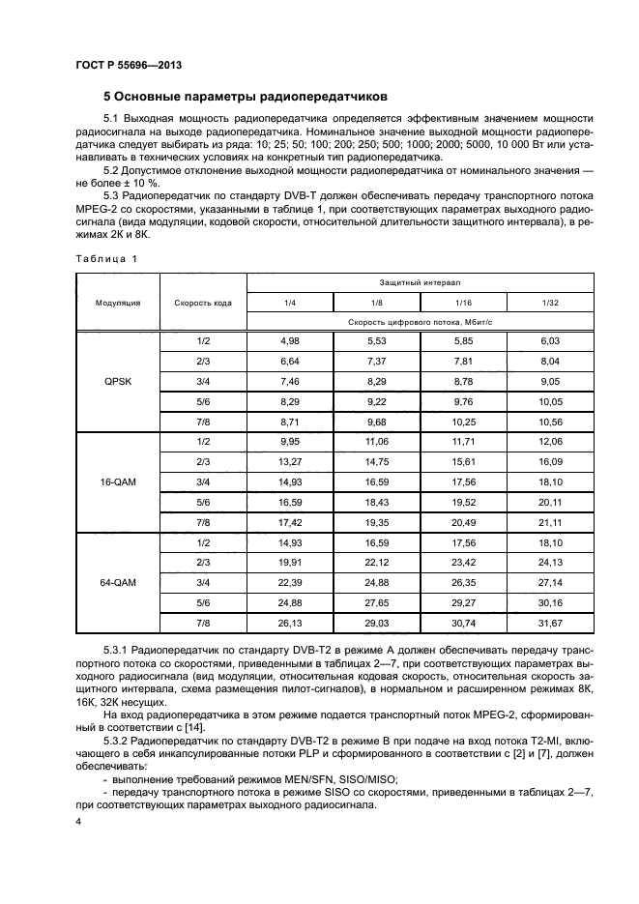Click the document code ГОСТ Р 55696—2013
128,65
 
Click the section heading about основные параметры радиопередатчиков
245,97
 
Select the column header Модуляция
118,303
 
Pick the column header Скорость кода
203,303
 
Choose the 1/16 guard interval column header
463,303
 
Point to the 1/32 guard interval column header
550,303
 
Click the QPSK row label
118,382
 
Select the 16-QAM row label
118,481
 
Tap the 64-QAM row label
118,583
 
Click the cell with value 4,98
290,340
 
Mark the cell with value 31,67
550,624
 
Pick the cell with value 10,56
550,422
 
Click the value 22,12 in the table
376,563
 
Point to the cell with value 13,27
290,461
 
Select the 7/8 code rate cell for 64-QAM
203,624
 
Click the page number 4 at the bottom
79,821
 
